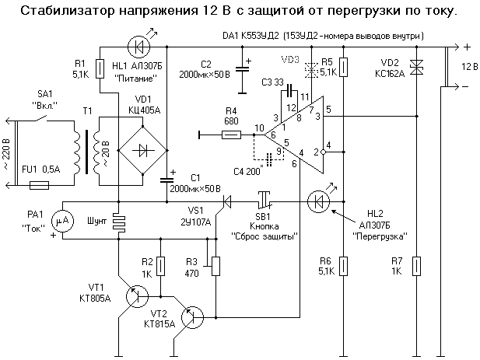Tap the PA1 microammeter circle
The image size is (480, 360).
coord(65,221)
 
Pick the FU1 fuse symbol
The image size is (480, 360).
coord(38,185)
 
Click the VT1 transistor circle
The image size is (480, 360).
coord(138,295)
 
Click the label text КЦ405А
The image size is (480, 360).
coord(142,110)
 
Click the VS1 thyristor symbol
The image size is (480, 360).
coord(226,202)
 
